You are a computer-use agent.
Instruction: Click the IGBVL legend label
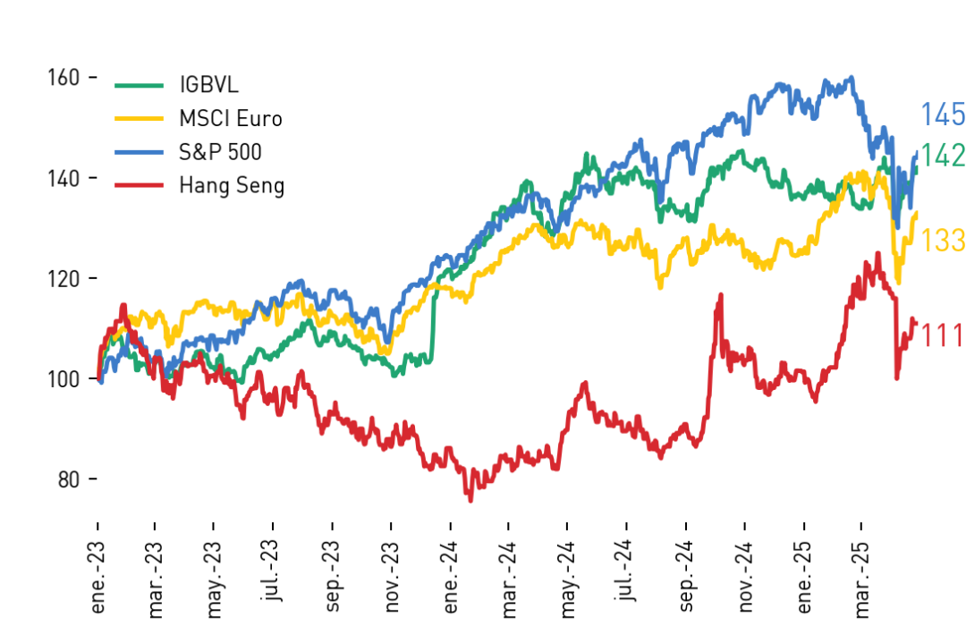(x=208, y=85)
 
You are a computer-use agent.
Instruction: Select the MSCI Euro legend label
(x=231, y=118)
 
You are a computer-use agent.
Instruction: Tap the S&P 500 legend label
(x=220, y=151)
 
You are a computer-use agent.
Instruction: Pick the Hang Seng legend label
(x=232, y=185)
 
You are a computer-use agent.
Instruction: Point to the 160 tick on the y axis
(x=64, y=78)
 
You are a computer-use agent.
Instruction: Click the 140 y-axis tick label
(x=64, y=179)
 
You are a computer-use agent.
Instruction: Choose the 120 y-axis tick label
(x=64, y=279)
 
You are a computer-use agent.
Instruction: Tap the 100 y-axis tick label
(x=64, y=379)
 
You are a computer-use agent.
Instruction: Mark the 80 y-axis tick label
(x=68, y=479)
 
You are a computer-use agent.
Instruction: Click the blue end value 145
(x=943, y=114)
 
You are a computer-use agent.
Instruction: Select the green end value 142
(x=943, y=156)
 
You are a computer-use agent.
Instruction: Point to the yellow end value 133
(x=943, y=240)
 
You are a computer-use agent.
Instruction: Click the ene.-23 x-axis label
(x=98, y=578)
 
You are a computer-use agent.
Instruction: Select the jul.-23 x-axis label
(x=272, y=570)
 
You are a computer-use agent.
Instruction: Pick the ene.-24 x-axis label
(x=450, y=578)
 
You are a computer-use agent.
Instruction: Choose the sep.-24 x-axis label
(x=686, y=577)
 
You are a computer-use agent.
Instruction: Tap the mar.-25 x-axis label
(x=861, y=580)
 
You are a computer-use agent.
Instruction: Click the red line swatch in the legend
(x=140, y=185)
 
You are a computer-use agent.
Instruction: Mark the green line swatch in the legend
(x=140, y=85)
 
